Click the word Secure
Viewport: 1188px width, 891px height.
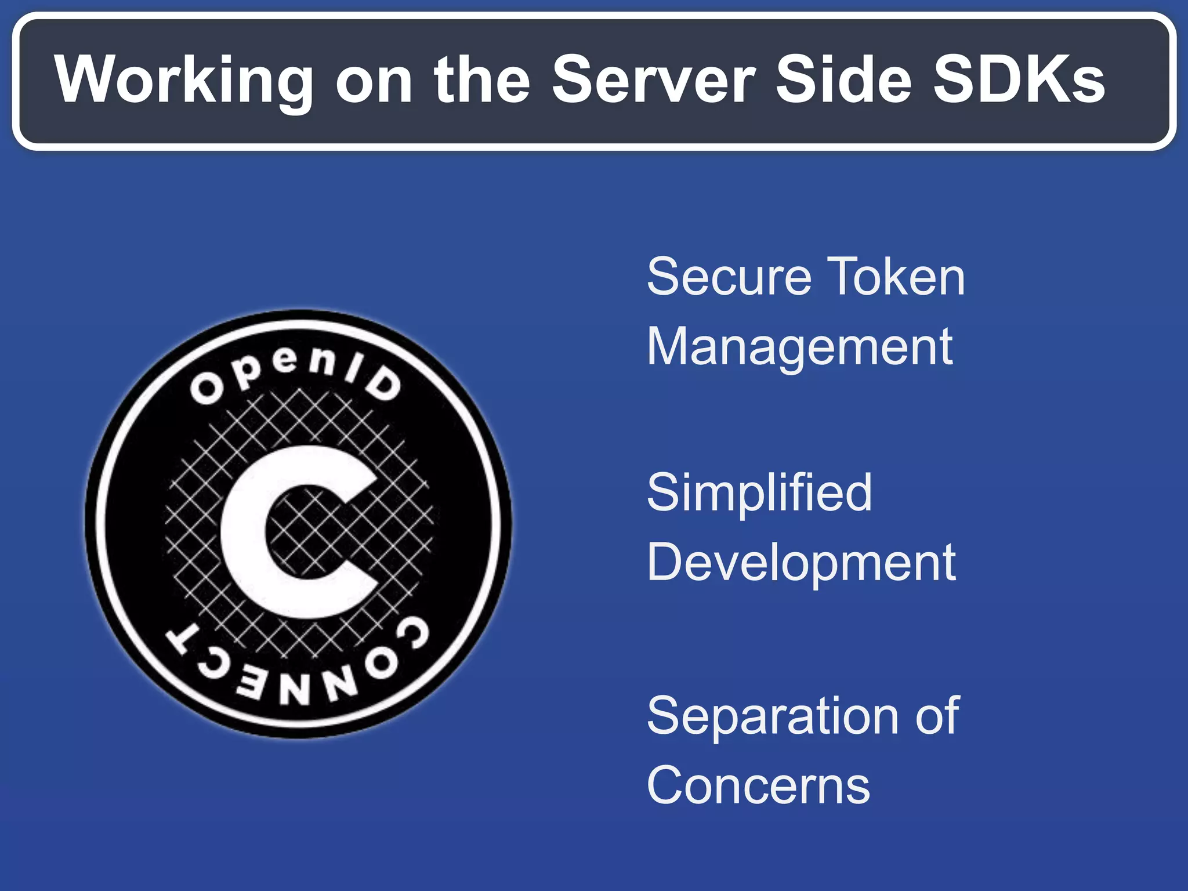click(729, 277)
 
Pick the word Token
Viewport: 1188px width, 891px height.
click(896, 277)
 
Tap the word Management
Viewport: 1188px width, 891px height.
click(799, 347)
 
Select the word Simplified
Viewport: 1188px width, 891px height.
click(759, 492)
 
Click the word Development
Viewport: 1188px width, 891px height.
click(801, 563)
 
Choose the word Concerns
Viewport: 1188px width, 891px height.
click(758, 785)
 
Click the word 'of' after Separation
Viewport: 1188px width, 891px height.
click(937, 716)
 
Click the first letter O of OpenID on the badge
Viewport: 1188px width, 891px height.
click(206, 389)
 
